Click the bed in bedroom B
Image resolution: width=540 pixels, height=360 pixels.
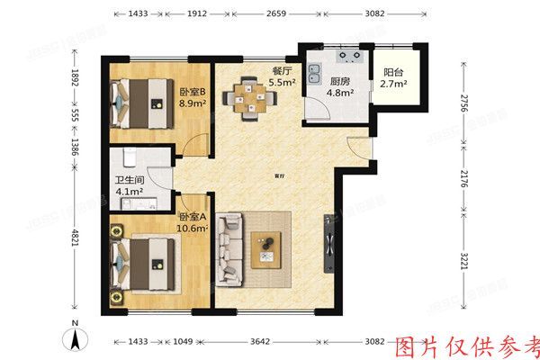tap(140, 102)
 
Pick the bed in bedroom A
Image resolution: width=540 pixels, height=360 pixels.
tap(144, 261)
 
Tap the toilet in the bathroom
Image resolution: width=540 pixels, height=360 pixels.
tap(130, 159)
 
